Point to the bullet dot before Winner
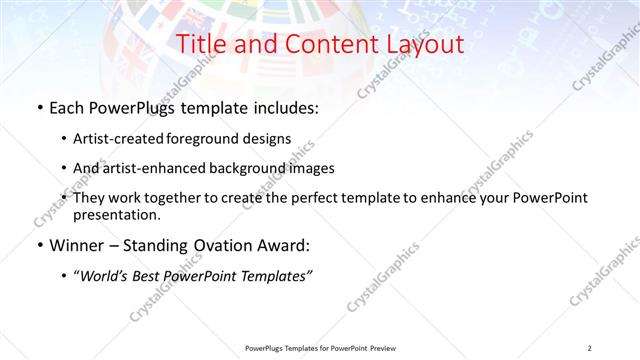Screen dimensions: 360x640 tap(38, 246)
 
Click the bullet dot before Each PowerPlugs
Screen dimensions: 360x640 tap(38, 106)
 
